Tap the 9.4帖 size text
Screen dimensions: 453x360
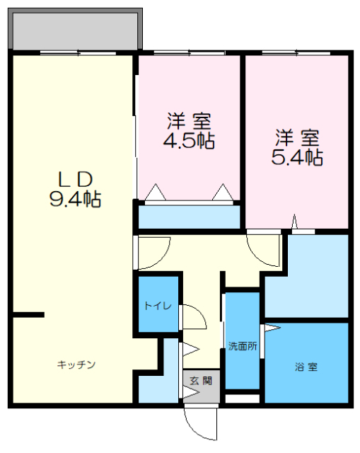[75, 199]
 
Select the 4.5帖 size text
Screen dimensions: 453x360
[189, 140]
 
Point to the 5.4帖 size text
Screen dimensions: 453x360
[297, 157]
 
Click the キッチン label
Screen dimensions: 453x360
[76, 365]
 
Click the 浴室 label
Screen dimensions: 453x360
[306, 367]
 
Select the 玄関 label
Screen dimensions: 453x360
[201, 380]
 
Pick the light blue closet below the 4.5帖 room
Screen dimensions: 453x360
[188, 217]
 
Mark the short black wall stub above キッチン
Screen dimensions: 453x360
[28, 314]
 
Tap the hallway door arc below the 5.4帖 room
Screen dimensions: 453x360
[262, 250]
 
